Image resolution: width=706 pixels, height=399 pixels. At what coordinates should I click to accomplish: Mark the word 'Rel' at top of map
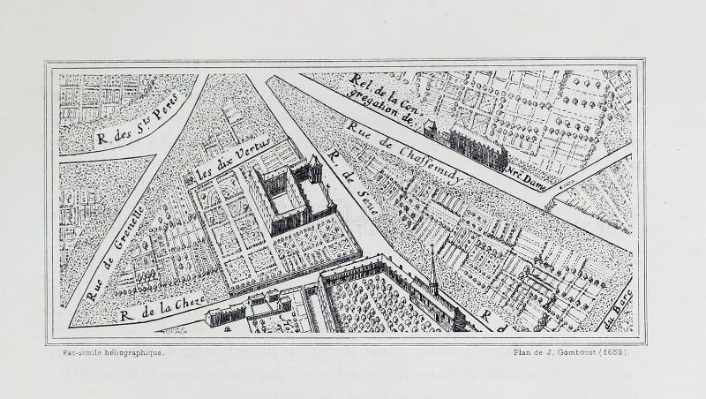(x=362, y=80)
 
